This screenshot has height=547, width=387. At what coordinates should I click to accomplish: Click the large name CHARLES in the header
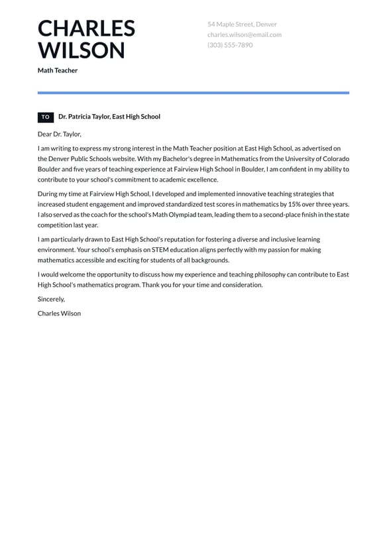pos(86,29)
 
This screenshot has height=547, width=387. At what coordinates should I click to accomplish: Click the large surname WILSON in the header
pos(81,50)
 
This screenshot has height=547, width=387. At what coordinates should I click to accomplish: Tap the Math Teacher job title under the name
pos(58,70)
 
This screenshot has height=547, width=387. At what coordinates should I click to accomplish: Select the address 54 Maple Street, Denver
pos(242,25)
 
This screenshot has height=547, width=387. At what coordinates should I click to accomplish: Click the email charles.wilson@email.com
pos(244,34)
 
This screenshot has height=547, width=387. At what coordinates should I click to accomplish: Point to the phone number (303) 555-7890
pos(229,45)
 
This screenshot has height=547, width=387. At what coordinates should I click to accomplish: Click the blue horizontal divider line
pos(193,93)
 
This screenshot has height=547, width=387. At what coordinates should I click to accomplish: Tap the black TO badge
pos(46,117)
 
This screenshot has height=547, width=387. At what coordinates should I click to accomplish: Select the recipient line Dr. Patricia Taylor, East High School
pos(109,117)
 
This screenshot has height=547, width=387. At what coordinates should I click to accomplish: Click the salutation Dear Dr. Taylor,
pos(60,134)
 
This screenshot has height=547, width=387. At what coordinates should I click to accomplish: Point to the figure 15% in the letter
pos(294,204)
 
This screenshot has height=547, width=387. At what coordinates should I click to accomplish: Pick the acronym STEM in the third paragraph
pos(158,250)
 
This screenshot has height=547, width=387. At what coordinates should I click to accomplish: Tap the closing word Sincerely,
pos(51,299)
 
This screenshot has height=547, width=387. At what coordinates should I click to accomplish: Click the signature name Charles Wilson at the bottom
pos(59,313)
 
